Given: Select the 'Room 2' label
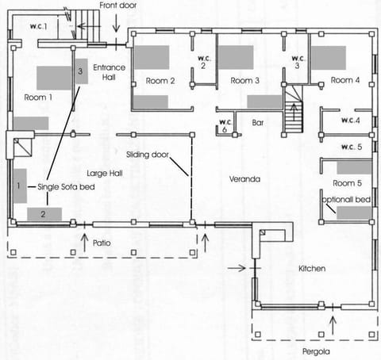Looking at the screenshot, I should click(160, 81).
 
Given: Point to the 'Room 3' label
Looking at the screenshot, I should click(245, 81).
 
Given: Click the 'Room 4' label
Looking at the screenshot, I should click(345, 80).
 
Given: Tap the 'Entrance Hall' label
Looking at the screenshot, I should click(108, 74).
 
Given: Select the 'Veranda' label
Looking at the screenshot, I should click(245, 179).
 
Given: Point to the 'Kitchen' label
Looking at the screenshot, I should click(312, 270).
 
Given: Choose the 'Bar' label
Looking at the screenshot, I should click(257, 124).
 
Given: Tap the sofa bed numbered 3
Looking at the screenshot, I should click(81, 71).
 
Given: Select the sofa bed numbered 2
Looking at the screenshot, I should click(44, 213).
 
